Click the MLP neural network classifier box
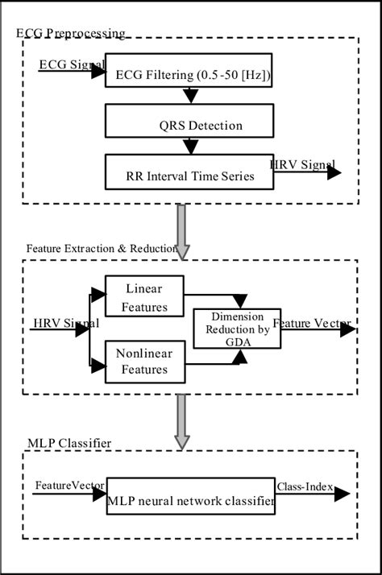190,501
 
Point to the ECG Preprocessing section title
71,33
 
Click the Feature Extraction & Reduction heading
101,249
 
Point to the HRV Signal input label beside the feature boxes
66,324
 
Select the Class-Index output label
307,486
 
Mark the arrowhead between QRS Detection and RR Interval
190,147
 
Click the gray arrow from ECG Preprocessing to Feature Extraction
182,230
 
